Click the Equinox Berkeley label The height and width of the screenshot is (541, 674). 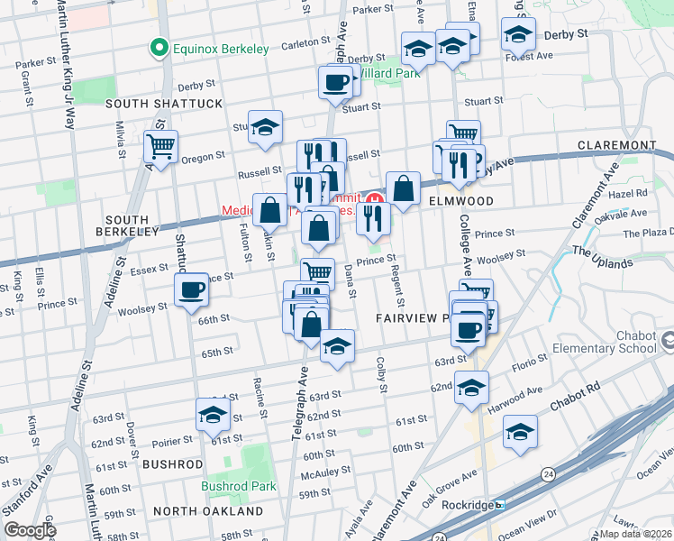221,49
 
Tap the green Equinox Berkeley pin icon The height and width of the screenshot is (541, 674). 160,48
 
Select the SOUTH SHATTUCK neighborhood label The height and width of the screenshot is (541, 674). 164,104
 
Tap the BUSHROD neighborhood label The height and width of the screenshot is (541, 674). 172,464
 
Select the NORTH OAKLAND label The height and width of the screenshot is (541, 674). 208,511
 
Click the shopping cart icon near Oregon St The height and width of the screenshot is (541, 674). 160,147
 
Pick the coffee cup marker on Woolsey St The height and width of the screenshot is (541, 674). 191,290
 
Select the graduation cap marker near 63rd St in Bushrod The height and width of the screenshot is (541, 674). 213,415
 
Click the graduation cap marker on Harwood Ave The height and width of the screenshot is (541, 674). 520,433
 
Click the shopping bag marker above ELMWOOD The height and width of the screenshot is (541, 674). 404,189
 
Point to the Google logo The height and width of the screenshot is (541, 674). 30,531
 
